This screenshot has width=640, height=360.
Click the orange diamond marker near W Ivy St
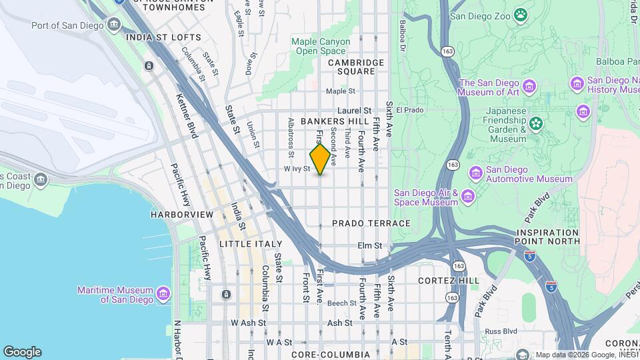(x=320, y=159)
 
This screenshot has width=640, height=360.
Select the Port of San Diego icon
(x=115, y=25)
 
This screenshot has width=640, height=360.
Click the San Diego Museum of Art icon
(x=530, y=86)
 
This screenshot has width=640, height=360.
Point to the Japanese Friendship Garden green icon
(x=535, y=124)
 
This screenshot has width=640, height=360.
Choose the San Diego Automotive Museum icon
(x=476, y=173)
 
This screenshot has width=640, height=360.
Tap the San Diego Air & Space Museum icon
(x=468, y=196)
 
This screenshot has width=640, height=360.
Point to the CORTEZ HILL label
(x=448, y=281)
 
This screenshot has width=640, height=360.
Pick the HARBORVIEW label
(x=181, y=215)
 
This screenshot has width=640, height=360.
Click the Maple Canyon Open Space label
(x=321, y=46)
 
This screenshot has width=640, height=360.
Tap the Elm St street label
(x=369, y=245)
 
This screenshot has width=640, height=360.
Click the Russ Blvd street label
(x=501, y=331)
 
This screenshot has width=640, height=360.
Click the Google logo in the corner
(x=22, y=351)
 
